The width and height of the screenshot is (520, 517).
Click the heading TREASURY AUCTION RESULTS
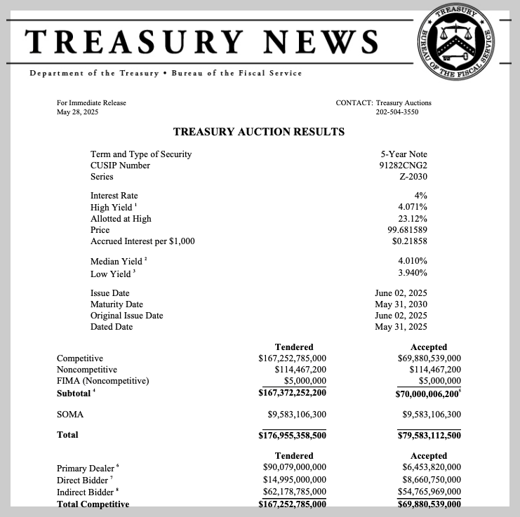click(x=258, y=131)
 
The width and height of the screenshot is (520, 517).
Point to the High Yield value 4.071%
click(x=413, y=208)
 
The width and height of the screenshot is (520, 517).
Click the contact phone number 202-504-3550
click(x=397, y=112)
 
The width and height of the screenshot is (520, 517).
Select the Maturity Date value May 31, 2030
click(x=401, y=304)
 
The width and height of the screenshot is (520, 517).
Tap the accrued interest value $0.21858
click(x=410, y=241)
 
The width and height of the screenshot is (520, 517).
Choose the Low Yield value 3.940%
click(x=413, y=273)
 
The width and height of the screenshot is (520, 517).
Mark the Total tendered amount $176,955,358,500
click(x=293, y=435)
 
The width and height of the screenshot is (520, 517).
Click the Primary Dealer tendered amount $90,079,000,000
click(x=294, y=467)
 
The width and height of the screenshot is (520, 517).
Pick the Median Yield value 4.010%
click(x=413, y=262)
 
